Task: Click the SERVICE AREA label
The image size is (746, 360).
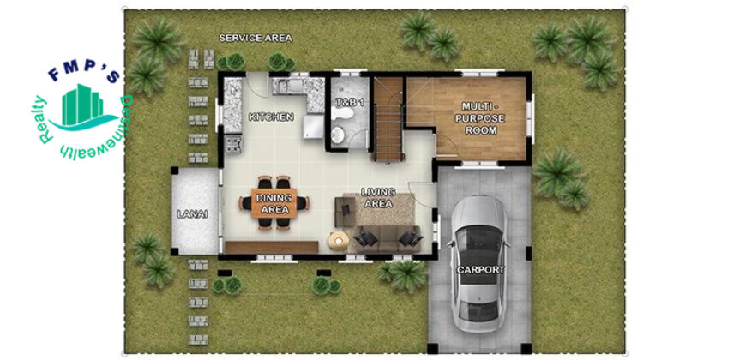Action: click(x=256, y=39)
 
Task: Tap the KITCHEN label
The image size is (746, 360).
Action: click(x=271, y=117)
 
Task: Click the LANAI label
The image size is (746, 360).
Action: click(x=192, y=214)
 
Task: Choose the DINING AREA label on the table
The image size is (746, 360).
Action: click(x=274, y=203)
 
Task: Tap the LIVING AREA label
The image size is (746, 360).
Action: click(x=378, y=198)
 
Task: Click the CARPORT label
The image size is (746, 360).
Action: click(x=480, y=270)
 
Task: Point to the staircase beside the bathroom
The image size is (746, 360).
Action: click(x=388, y=120)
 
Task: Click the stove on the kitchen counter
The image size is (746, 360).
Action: click(x=233, y=144)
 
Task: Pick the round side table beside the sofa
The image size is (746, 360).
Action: click(x=338, y=240)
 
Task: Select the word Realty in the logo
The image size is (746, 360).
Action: click(x=45, y=120)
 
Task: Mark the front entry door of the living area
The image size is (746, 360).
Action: click(x=423, y=195)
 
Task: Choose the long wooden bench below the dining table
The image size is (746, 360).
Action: click(x=272, y=247)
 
